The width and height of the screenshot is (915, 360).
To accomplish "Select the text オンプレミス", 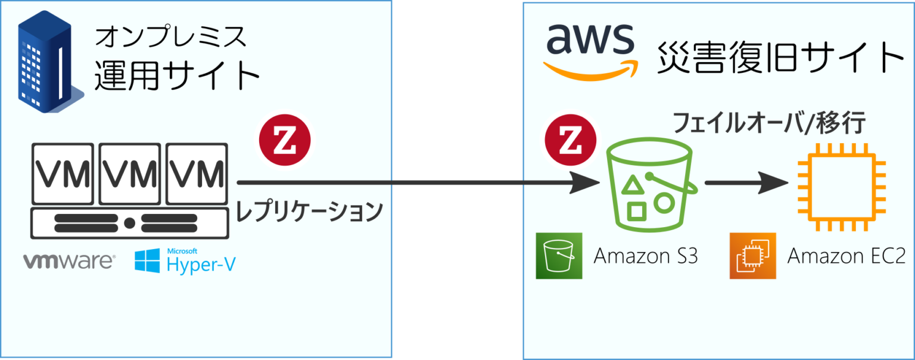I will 170,38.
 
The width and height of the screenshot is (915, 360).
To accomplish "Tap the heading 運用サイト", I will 178,76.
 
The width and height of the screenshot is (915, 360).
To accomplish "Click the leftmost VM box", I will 62,173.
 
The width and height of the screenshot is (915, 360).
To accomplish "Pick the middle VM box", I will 129,173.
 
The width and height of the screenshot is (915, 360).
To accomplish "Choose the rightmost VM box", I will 197,173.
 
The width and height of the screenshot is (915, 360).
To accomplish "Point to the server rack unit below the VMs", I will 129,224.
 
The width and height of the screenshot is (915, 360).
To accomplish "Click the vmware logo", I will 69,261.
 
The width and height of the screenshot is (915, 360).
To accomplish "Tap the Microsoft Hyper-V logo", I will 185,261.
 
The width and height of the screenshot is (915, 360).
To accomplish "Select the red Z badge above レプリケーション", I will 285,141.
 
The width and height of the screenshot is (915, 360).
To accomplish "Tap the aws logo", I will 590,50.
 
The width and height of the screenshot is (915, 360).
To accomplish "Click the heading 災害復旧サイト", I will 780,58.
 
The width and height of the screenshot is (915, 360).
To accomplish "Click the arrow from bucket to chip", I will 748,184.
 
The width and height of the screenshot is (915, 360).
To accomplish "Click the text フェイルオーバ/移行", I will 768,123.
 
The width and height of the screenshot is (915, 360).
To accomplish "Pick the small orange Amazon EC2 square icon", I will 753,256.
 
